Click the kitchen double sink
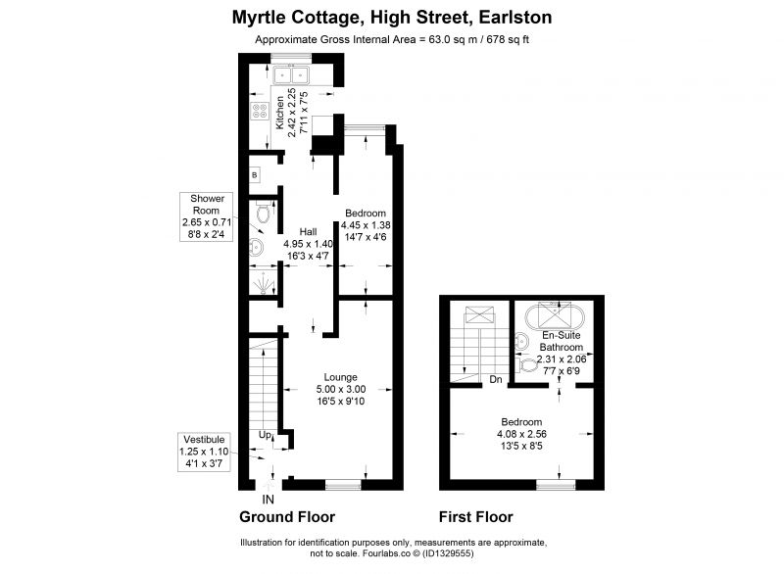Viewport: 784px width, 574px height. pyautogui.click(x=291, y=75)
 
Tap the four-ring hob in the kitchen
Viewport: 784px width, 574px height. pyautogui.click(x=260, y=111)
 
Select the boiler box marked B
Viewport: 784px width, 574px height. pyautogui.click(x=255, y=175)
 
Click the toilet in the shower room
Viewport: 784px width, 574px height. pyautogui.click(x=263, y=213)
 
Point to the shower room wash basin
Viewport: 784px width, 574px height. pyautogui.click(x=256, y=247)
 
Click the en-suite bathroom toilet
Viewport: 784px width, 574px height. pyautogui.click(x=526, y=365)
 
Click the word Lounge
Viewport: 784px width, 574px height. pyautogui.click(x=340, y=377)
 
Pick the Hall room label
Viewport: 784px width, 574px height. pyautogui.click(x=308, y=231)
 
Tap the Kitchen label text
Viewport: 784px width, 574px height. pyautogui.click(x=280, y=113)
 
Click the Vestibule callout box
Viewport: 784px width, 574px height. pyautogui.click(x=204, y=453)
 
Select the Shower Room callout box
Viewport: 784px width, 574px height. pyautogui.click(x=206, y=216)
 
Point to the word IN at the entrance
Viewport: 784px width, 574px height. pyautogui.click(x=269, y=499)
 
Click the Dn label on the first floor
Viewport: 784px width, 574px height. pyautogui.click(x=496, y=379)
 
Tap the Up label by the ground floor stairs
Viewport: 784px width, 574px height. pyautogui.click(x=265, y=435)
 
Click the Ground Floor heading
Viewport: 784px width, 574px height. pyautogui.click(x=287, y=516)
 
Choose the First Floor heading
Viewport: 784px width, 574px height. pyautogui.click(x=476, y=516)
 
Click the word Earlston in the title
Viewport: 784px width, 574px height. pyautogui.click(x=515, y=18)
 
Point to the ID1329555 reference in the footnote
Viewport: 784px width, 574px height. pyautogui.click(x=448, y=553)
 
